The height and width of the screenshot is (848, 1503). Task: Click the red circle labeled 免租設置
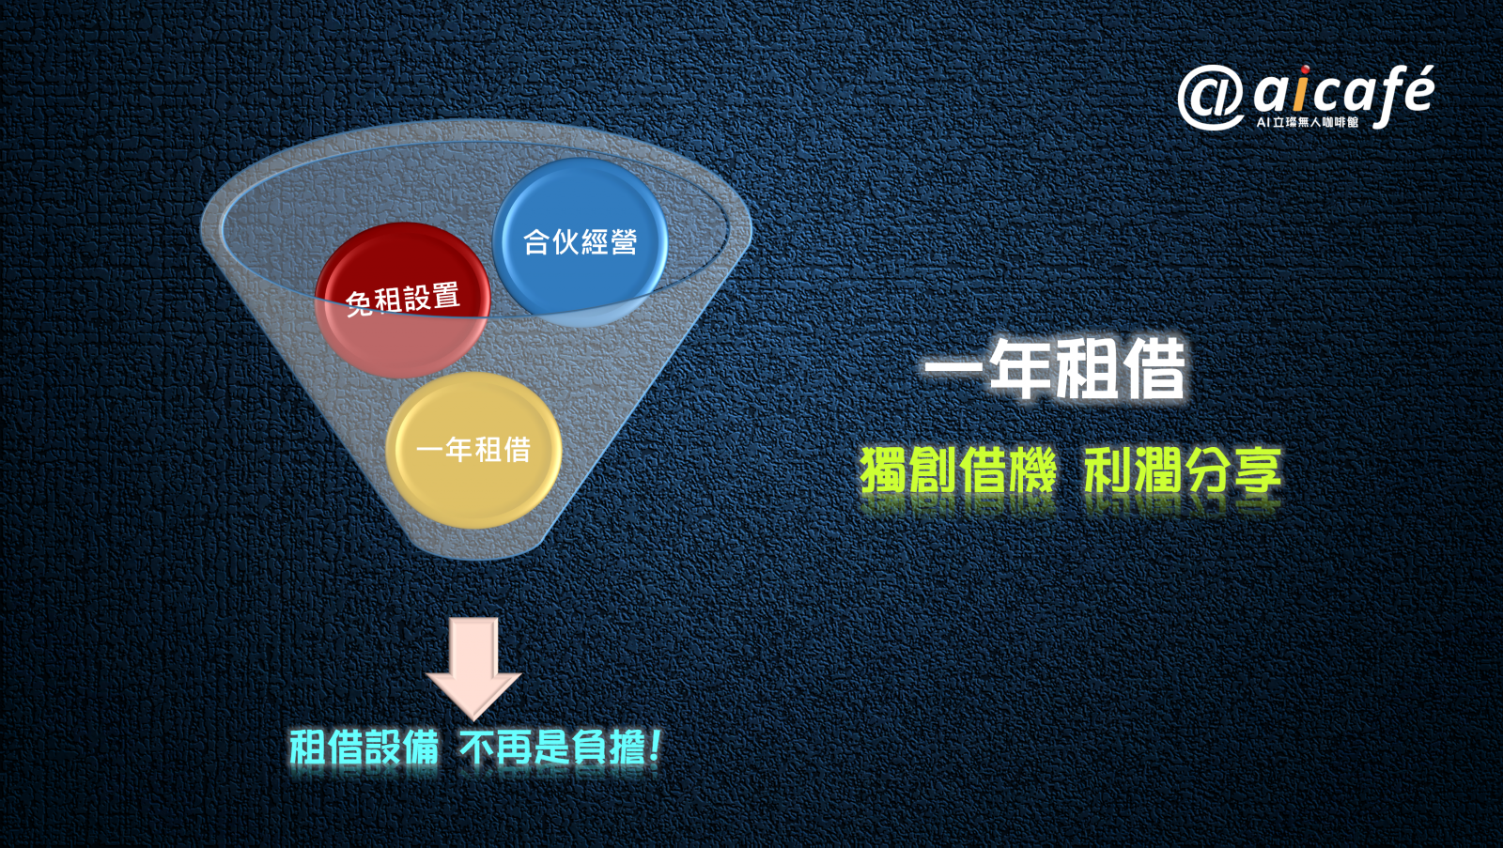pyautogui.click(x=403, y=300)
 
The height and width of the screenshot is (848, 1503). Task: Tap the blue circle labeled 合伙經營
pyautogui.click(x=581, y=242)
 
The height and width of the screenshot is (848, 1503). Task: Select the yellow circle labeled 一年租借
pyautogui.click(x=473, y=450)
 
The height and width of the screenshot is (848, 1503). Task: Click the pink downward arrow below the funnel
pyautogui.click(x=473, y=669)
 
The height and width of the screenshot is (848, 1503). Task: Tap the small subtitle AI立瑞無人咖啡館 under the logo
pyautogui.click(x=1307, y=122)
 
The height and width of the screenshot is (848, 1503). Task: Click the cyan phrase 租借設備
pyautogui.click(x=364, y=748)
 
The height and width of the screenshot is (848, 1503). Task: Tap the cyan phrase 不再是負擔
pyautogui.click(x=552, y=748)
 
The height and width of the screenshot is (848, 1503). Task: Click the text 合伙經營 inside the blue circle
pyautogui.click(x=580, y=242)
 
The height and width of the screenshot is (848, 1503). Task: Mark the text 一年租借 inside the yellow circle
pyautogui.click(x=473, y=450)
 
